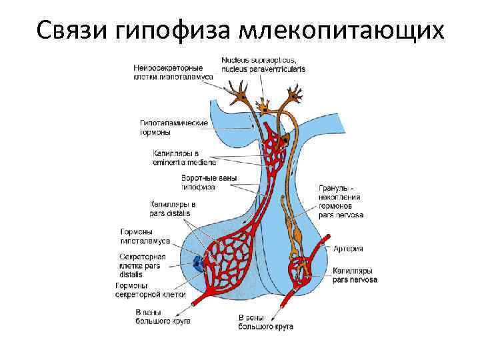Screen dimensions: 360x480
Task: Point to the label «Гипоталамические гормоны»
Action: point(173,127)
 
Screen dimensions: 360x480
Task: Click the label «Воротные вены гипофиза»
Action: point(209,183)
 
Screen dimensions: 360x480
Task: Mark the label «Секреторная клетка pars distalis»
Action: point(142,265)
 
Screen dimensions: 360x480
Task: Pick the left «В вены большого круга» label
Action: point(163,316)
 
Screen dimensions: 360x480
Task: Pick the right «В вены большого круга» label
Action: point(265,322)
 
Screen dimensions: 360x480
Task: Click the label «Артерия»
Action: point(349,249)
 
